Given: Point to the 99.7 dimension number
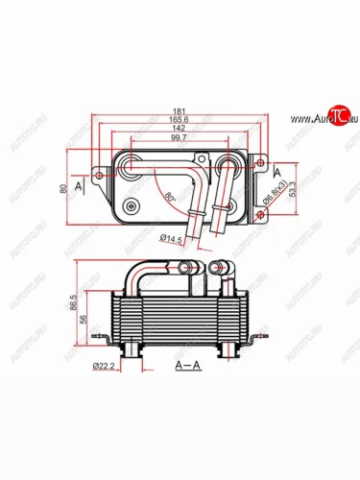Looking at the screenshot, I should coord(180,139).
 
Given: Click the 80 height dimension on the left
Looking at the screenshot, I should coord(63,190).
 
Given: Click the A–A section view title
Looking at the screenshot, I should coord(188,366).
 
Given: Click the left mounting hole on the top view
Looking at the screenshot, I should coord(100,175).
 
